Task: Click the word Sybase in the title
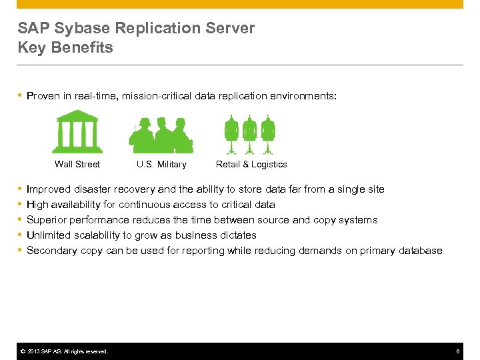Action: pos(79,28)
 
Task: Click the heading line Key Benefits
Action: pos(65,48)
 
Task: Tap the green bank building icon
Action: pos(77,131)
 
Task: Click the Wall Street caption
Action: pos(77,164)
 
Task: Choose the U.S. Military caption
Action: pos(161,164)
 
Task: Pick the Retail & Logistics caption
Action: pos(251,164)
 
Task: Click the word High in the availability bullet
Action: pos(37,205)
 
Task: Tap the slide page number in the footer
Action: pos(458,351)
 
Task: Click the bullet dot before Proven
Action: pos(20,96)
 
